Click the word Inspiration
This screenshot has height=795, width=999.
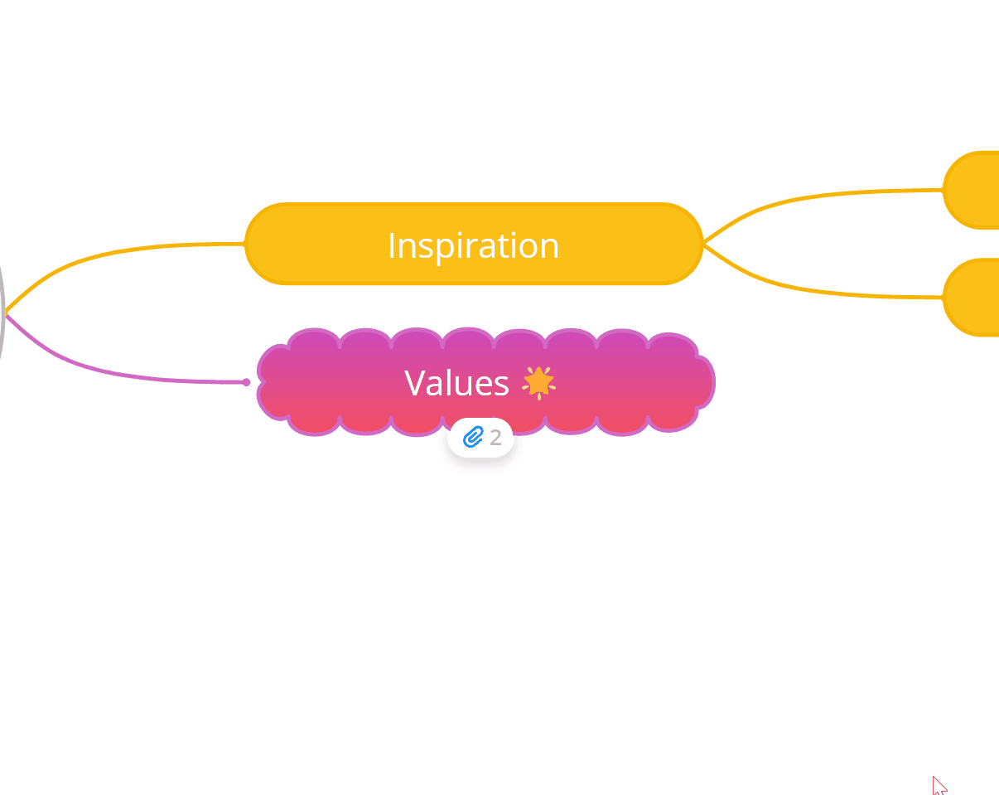pos(473,246)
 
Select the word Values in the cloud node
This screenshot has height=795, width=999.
pos(456,383)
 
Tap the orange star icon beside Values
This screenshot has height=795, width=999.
pos(538,383)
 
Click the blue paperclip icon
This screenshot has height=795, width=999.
pos(473,437)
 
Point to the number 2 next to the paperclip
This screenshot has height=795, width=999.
pos(496,438)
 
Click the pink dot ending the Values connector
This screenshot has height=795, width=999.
pos(246,382)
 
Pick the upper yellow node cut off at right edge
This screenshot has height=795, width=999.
pos(971,190)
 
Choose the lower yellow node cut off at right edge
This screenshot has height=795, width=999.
pos(971,297)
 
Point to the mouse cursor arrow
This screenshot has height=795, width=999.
pos(939,785)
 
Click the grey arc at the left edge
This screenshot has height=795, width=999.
pos(2,312)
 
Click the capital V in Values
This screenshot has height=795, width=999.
pos(414,383)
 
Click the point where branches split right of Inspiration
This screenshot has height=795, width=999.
pos(704,244)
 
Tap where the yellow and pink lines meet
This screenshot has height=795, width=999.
pos(7,314)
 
